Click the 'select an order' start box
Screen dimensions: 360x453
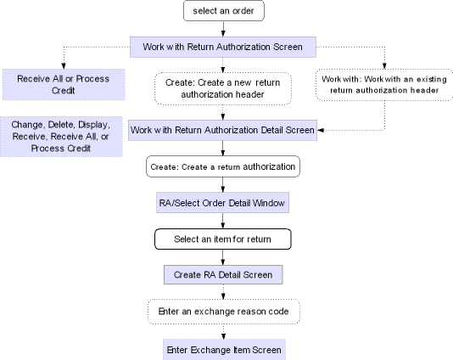coord(223,11)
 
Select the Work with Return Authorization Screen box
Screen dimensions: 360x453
coord(223,45)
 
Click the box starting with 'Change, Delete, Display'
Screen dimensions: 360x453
coord(64,136)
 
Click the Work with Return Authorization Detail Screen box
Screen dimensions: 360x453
coord(223,130)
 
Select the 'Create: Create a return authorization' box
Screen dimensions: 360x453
coord(223,166)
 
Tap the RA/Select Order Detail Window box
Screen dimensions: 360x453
coord(223,203)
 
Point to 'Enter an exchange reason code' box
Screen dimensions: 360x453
coord(223,312)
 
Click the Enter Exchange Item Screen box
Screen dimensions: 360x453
coord(223,348)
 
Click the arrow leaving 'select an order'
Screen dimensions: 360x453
coord(223,29)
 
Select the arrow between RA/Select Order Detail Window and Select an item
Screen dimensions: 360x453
coord(223,221)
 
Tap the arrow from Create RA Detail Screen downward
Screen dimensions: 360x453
coord(223,292)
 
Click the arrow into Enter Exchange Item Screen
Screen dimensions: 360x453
coord(223,331)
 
